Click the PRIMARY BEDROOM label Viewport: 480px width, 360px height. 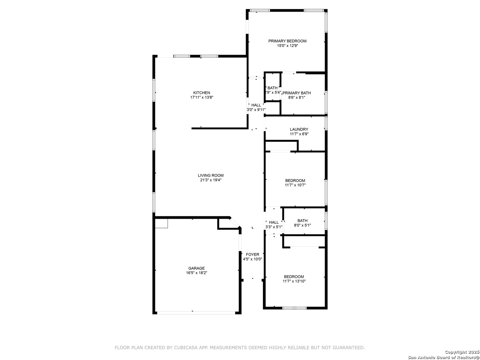[287, 41]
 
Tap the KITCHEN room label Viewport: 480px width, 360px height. [201, 93]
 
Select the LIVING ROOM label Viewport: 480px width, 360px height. [211, 175]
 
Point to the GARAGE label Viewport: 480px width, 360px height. [196, 268]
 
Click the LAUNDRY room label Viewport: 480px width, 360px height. [299, 129]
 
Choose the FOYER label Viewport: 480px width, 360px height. [252, 254]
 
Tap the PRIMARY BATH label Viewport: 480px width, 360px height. [297, 93]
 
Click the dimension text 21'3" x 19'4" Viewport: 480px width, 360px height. [211, 180]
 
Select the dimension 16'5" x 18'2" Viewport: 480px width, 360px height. [196, 273]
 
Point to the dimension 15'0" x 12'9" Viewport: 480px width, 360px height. [287, 46]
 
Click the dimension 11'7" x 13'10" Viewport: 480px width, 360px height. [294, 281]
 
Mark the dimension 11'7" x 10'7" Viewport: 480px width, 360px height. [295, 185]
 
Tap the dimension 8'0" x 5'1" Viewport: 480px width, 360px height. [302, 225]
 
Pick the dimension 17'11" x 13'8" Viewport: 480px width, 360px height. [202, 97]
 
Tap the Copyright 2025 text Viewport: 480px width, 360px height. [462, 352]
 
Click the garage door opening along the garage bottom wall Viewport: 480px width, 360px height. [196, 313]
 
